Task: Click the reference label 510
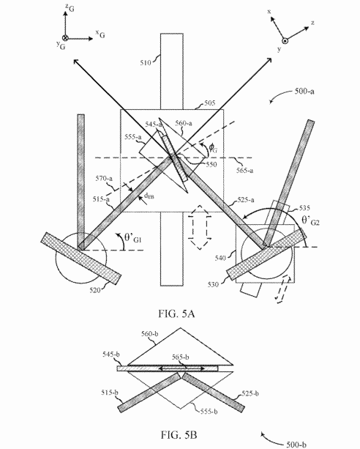[x=146, y=62]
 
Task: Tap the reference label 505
[x=210, y=103]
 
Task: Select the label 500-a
[x=304, y=92]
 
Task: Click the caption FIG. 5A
[x=176, y=313]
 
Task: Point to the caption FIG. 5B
[x=179, y=435]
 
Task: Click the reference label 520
[x=95, y=290]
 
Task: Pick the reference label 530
[x=213, y=284]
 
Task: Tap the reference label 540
[x=220, y=258]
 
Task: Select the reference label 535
[x=304, y=208]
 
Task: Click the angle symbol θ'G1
[x=133, y=238]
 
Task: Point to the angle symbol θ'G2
[x=310, y=220]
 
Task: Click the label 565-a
[x=244, y=170]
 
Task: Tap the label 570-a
[x=104, y=179]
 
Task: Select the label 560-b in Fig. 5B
[x=150, y=334]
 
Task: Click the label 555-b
[x=209, y=412]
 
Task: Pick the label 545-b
[x=111, y=355]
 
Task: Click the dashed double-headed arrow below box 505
[x=200, y=227]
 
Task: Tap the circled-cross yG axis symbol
[x=65, y=38]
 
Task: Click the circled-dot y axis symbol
[x=285, y=41]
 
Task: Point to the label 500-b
[x=296, y=445]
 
